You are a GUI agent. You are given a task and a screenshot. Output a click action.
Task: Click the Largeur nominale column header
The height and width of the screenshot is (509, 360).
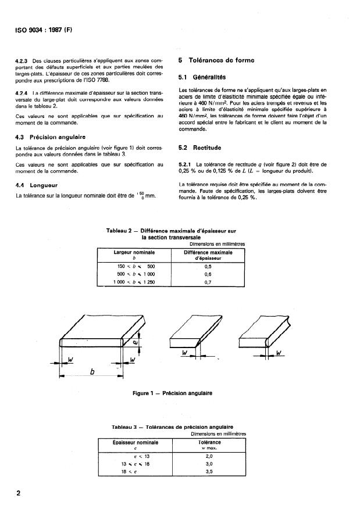[133, 252]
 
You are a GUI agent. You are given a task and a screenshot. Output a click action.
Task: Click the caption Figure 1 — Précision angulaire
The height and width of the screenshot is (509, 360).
[173, 393]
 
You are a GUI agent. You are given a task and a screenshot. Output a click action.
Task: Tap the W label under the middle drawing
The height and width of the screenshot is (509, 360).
[184, 353]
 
